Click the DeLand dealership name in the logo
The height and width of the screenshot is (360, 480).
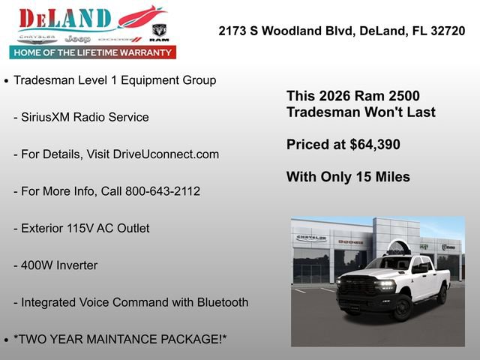click(66, 18)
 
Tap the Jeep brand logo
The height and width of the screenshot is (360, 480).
click(77, 38)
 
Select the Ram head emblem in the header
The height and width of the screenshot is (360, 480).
click(159, 32)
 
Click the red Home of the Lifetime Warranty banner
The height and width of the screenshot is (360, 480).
click(92, 52)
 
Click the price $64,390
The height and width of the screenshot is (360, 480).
click(375, 145)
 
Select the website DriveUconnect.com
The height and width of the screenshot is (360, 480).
click(166, 154)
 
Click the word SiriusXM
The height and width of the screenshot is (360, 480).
click(46, 117)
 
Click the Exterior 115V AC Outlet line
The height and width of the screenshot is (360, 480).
click(81, 228)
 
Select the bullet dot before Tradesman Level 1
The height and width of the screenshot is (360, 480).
click(7, 81)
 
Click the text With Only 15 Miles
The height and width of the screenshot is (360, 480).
click(348, 177)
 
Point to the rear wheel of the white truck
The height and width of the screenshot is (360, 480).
click(442, 294)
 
